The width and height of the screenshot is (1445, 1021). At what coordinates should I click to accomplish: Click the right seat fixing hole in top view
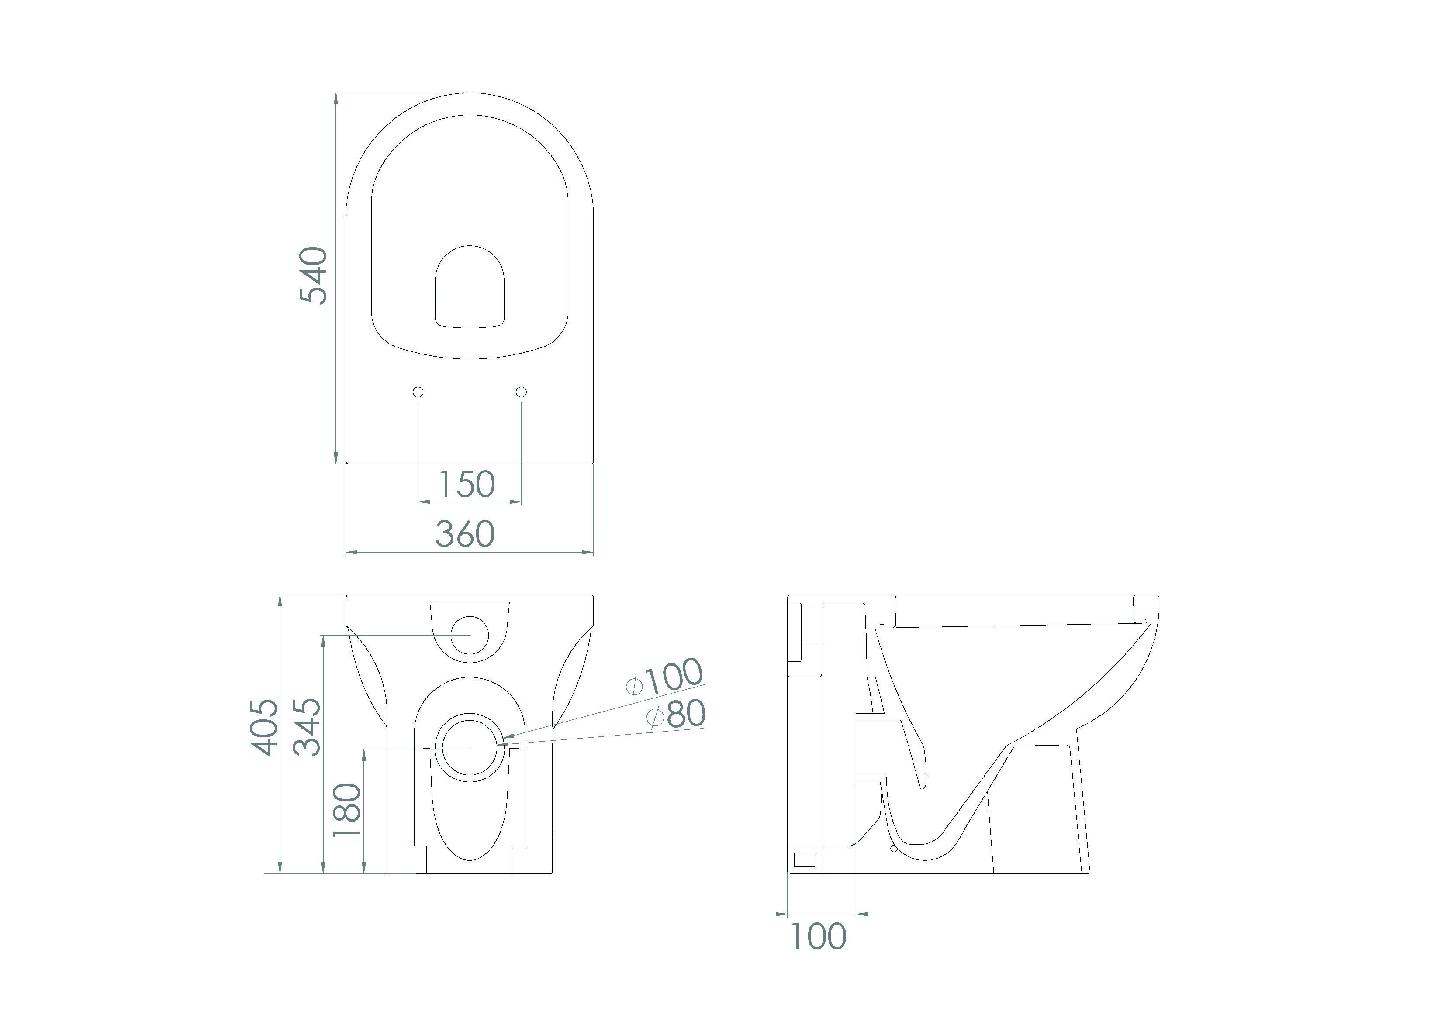click(521, 392)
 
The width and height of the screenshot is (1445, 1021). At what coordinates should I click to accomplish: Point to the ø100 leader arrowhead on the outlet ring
click(508, 736)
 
